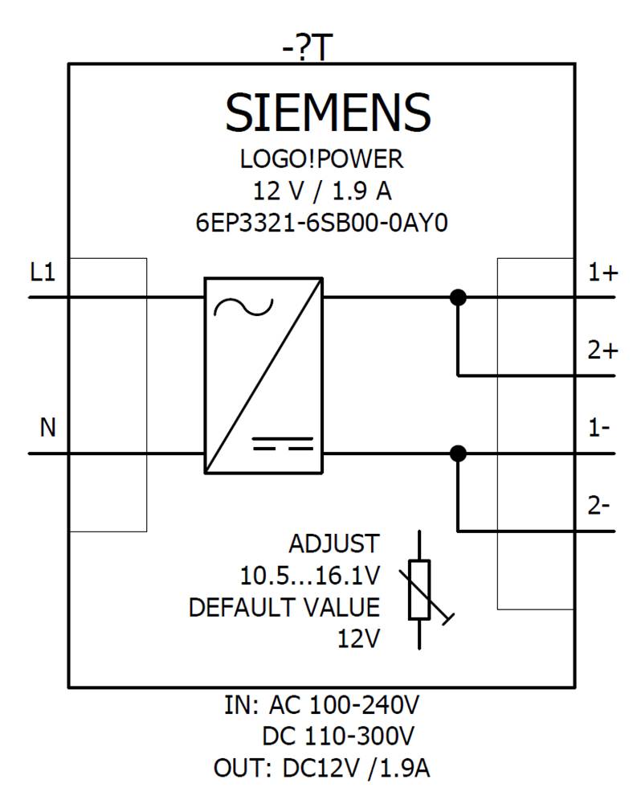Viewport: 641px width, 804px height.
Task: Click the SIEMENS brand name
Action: (x=328, y=112)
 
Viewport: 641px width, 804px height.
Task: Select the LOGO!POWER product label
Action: (x=321, y=160)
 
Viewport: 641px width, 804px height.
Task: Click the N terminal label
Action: (x=48, y=429)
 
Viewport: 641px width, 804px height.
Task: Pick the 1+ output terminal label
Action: (x=602, y=273)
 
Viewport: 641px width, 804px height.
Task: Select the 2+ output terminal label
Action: (x=602, y=351)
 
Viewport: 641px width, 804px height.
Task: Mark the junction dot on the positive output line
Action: (x=458, y=297)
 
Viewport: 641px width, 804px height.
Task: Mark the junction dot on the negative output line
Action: (x=458, y=453)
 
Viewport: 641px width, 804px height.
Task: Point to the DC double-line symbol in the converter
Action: (x=282, y=444)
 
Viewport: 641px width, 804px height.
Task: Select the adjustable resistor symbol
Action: (x=420, y=590)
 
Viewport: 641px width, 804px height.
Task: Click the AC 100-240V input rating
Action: (x=344, y=706)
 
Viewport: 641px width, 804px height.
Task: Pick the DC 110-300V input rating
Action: (x=337, y=736)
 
